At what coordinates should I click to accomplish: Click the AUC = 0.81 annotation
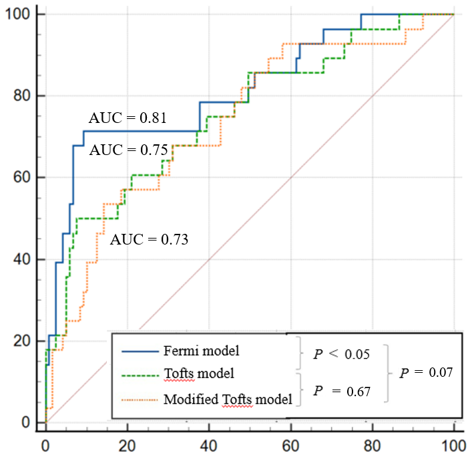click(129, 119)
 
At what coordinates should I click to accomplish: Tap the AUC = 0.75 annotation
click(128, 150)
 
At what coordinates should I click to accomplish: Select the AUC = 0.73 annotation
click(150, 239)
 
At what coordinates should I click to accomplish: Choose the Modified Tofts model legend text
click(227, 400)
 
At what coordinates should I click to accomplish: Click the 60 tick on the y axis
click(23, 178)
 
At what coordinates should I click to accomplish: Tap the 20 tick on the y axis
click(23, 341)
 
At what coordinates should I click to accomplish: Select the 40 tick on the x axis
click(209, 442)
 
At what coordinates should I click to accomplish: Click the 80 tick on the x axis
click(373, 442)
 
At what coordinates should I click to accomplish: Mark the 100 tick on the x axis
click(453, 442)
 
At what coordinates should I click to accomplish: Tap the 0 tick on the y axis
click(27, 422)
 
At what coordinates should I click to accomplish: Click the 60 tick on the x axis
click(290, 442)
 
